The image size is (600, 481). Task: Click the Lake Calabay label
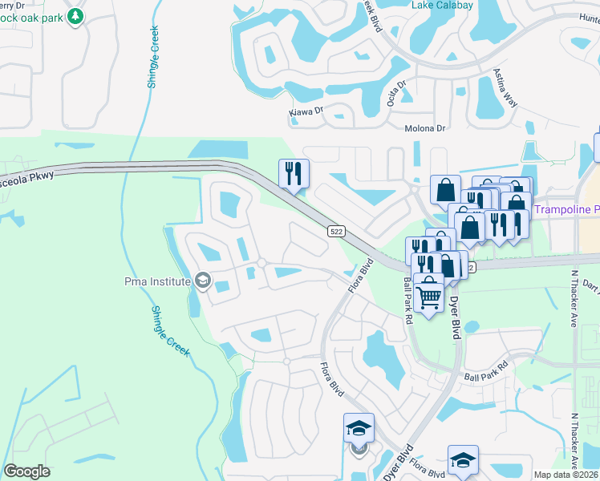pyautogui.click(x=442, y=5)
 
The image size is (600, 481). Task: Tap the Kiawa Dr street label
pyautogui.click(x=306, y=112)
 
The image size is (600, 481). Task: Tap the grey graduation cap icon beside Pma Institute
pyautogui.click(x=203, y=281)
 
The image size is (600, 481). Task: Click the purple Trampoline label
pyautogui.click(x=565, y=209)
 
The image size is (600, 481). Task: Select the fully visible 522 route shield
pyautogui.click(x=337, y=231)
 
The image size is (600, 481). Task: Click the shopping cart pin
pyautogui.click(x=429, y=294)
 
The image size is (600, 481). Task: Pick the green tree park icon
pyautogui.click(x=75, y=16)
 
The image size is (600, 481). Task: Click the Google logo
pyautogui.click(x=26, y=471)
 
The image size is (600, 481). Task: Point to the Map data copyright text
pyautogui.click(x=566, y=475)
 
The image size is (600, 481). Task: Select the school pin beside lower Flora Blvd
pyautogui.click(x=359, y=428)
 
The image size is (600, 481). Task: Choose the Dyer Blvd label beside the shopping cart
pyautogui.click(x=455, y=317)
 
